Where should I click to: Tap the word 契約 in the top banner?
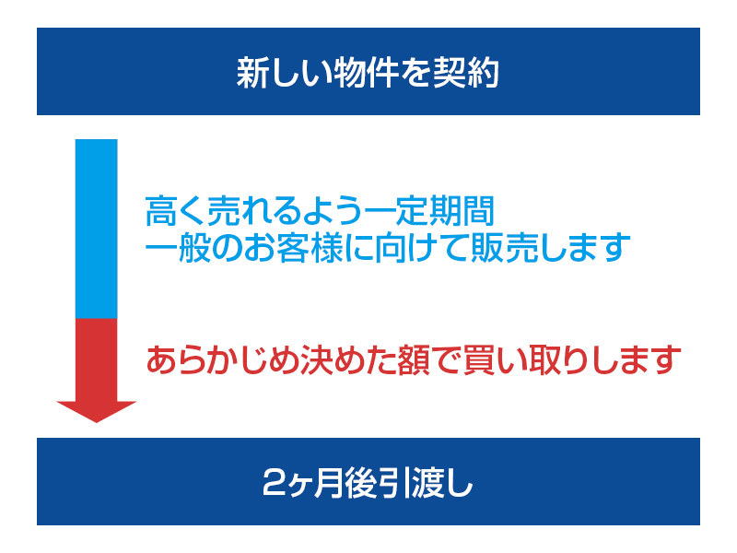click(x=465, y=73)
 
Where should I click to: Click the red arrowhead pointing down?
click(x=97, y=410)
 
